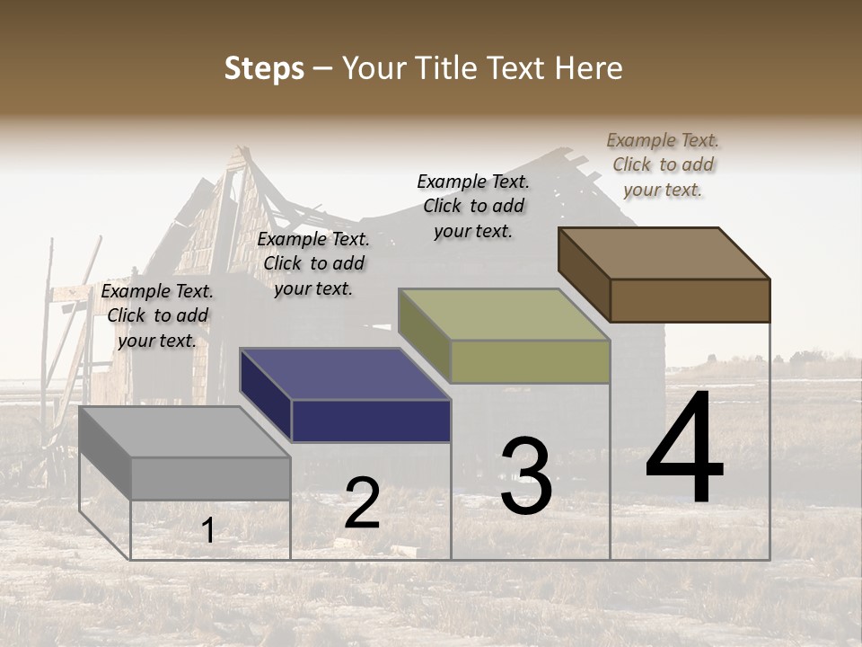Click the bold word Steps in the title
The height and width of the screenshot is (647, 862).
click(x=264, y=68)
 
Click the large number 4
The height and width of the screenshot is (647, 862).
click(x=684, y=449)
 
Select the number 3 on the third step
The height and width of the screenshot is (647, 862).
click(x=526, y=476)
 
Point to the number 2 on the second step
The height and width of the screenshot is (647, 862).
click(x=363, y=503)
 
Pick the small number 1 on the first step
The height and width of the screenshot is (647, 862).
click(x=208, y=530)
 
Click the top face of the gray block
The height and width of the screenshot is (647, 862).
click(x=185, y=432)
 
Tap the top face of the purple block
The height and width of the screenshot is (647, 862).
click(x=346, y=374)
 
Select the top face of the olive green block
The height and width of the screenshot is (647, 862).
click(x=505, y=315)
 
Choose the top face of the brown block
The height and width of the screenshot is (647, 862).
click(x=664, y=253)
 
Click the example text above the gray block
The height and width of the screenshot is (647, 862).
click(x=157, y=315)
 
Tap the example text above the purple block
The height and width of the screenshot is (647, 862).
click(x=313, y=263)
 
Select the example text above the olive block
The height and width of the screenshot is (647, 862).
click(x=473, y=206)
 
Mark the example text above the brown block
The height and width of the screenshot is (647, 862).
click(x=663, y=164)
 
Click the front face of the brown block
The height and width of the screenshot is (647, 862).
click(x=690, y=300)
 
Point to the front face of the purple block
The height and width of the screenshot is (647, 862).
click(x=371, y=421)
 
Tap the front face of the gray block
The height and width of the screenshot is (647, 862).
click(x=211, y=478)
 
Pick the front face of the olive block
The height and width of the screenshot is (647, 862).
click(x=530, y=361)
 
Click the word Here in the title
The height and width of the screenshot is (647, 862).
click(x=588, y=68)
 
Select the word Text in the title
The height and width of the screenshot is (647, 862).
click(x=515, y=68)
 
